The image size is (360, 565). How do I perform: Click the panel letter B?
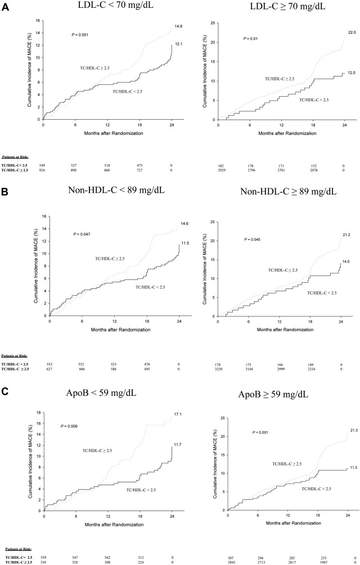pos(5,191)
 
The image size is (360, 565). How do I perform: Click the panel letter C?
pos(5,380)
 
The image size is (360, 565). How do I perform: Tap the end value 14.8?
pos(177,25)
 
